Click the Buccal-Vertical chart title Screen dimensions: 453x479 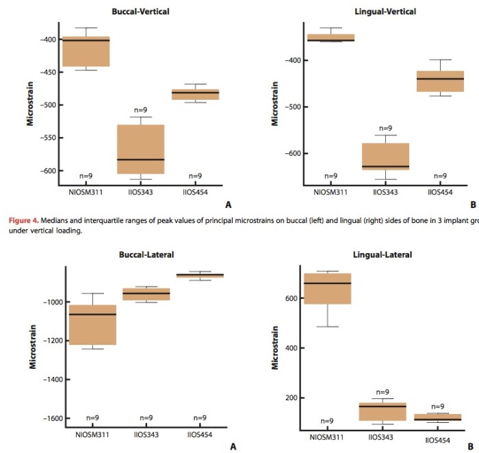[x=141, y=12]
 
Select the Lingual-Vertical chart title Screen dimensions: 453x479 [x=385, y=12]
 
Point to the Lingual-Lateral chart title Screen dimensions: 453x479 [x=383, y=255]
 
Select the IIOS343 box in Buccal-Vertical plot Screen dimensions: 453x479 [x=140, y=149]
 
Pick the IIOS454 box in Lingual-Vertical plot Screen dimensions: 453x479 [x=440, y=81]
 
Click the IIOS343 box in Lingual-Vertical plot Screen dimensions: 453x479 [x=385, y=156]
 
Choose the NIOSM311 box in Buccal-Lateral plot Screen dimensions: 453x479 [x=92, y=324]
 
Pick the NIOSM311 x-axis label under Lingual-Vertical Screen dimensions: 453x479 [x=331, y=193]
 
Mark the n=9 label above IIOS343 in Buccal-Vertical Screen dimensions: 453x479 [x=140, y=110]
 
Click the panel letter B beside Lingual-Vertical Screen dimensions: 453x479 [x=472, y=204]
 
